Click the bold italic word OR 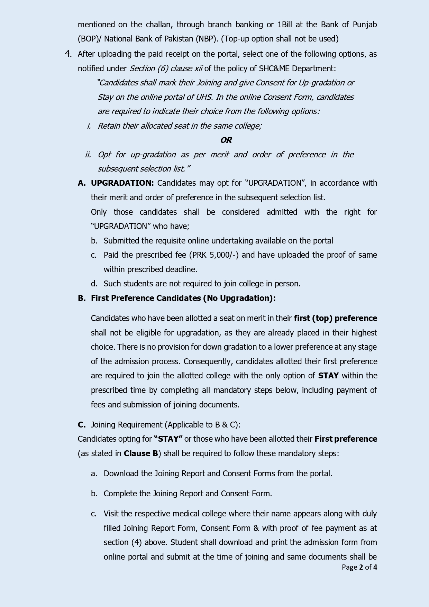(x=226, y=140)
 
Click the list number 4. (x=68, y=54)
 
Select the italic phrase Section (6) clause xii (x=166, y=68)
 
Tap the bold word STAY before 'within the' (x=328, y=376)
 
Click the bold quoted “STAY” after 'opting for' (x=168, y=439)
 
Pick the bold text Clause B (x=141, y=453)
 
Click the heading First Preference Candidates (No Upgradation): (x=183, y=298)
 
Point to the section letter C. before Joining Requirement (x=82, y=425)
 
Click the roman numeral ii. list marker (x=88, y=155)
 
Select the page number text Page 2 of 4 (x=359, y=567)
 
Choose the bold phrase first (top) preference (x=335, y=318)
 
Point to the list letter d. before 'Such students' (x=94, y=284)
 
